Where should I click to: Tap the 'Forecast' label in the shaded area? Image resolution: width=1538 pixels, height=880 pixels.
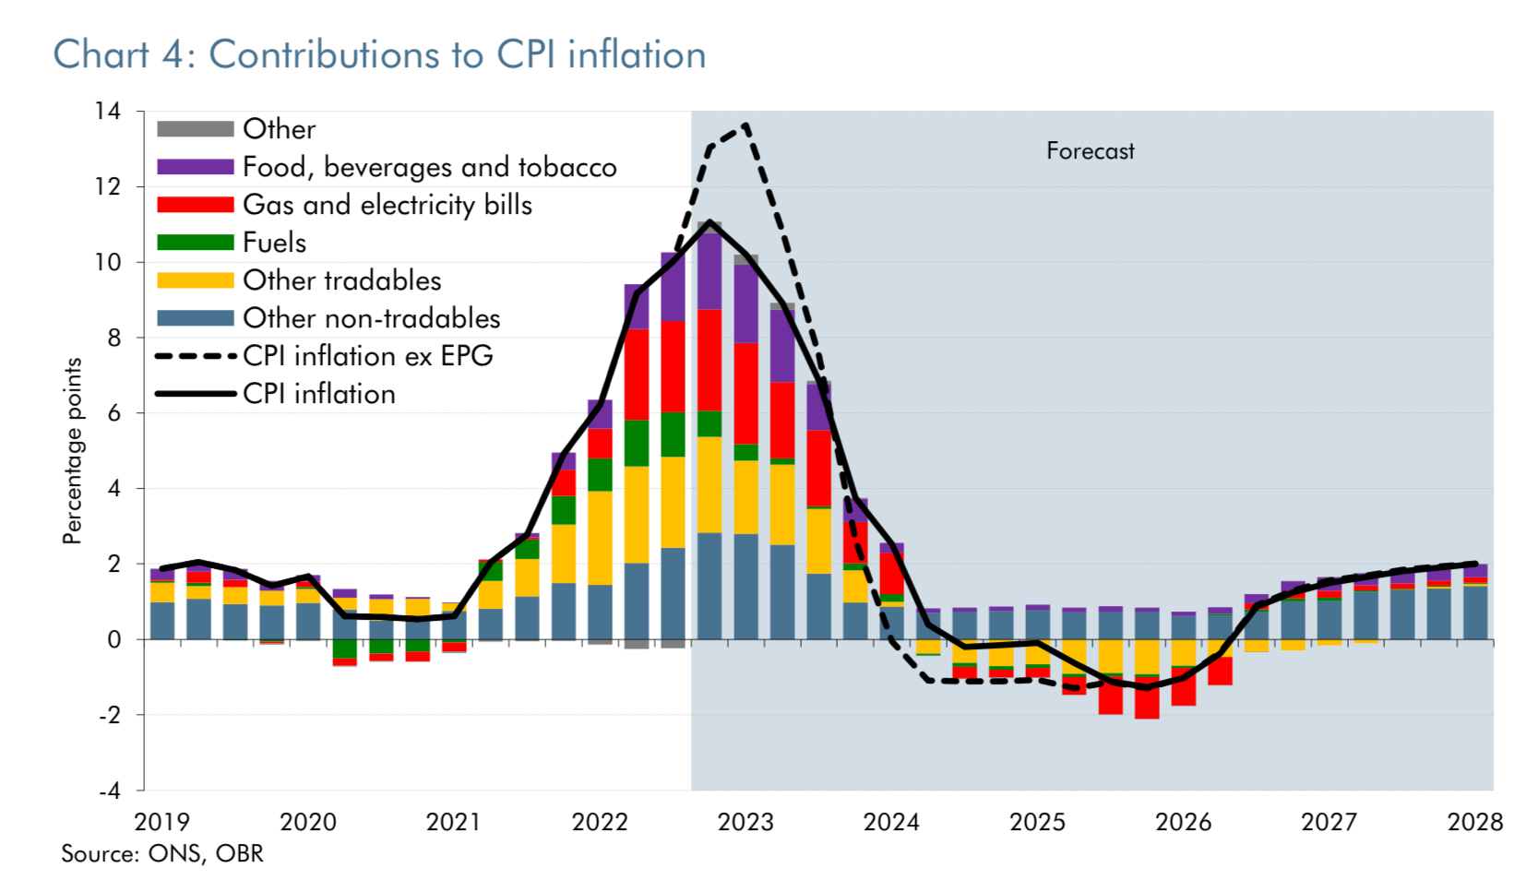pyautogui.click(x=1090, y=151)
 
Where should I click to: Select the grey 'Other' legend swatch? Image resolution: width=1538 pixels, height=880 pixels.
pyautogui.click(x=195, y=129)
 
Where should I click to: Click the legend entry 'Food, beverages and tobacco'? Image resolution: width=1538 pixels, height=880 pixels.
pyautogui.click(x=429, y=167)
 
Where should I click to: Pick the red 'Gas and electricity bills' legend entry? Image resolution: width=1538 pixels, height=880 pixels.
pyautogui.click(x=387, y=205)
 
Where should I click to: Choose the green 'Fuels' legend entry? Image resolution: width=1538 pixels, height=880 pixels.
pyautogui.click(x=274, y=243)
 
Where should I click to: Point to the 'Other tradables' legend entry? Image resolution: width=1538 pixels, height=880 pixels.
pyautogui.click(x=341, y=280)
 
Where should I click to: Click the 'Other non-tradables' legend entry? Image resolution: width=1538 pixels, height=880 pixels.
pyautogui.click(x=371, y=318)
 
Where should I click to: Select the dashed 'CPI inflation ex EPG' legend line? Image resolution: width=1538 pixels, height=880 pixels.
pyautogui.click(x=195, y=356)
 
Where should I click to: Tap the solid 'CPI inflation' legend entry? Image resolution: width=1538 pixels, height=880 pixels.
pyautogui.click(x=318, y=394)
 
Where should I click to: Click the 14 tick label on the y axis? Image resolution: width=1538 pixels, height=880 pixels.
pyautogui.click(x=107, y=112)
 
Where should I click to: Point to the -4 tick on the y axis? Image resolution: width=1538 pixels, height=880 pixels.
pyautogui.click(x=109, y=791)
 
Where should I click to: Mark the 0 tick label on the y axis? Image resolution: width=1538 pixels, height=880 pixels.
pyautogui.click(x=113, y=639)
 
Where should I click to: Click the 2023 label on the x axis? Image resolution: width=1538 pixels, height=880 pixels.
pyautogui.click(x=745, y=822)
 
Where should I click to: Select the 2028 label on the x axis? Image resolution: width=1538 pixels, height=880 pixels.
pyautogui.click(x=1474, y=822)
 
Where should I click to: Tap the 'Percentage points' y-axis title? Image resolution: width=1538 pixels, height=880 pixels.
pyautogui.click(x=72, y=451)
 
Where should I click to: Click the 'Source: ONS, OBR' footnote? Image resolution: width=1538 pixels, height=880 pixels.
pyautogui.click(x=162, y=854)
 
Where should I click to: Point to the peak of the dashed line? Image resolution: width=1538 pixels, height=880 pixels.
pyautogui.click(x=745, y=125)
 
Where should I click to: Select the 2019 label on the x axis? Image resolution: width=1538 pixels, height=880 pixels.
pyautogui.click(x=161, y=822)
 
